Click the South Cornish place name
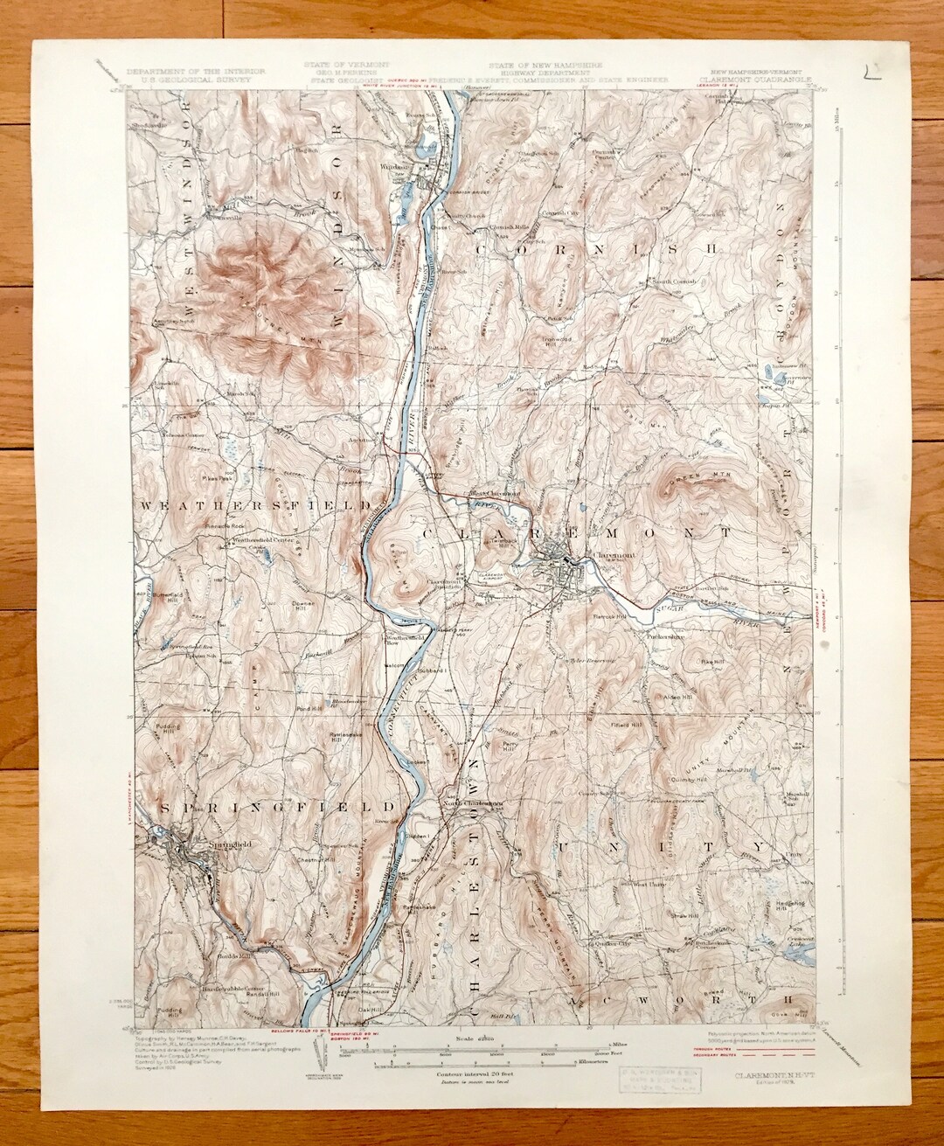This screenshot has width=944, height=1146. click(675, 281)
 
